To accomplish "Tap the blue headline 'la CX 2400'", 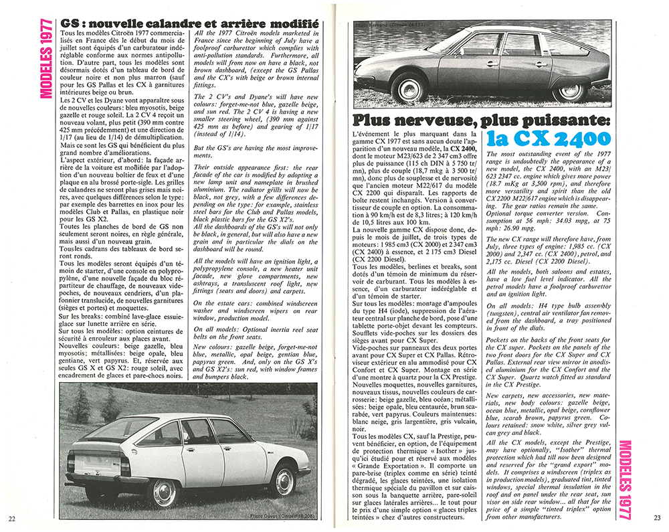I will coord(549,140).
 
